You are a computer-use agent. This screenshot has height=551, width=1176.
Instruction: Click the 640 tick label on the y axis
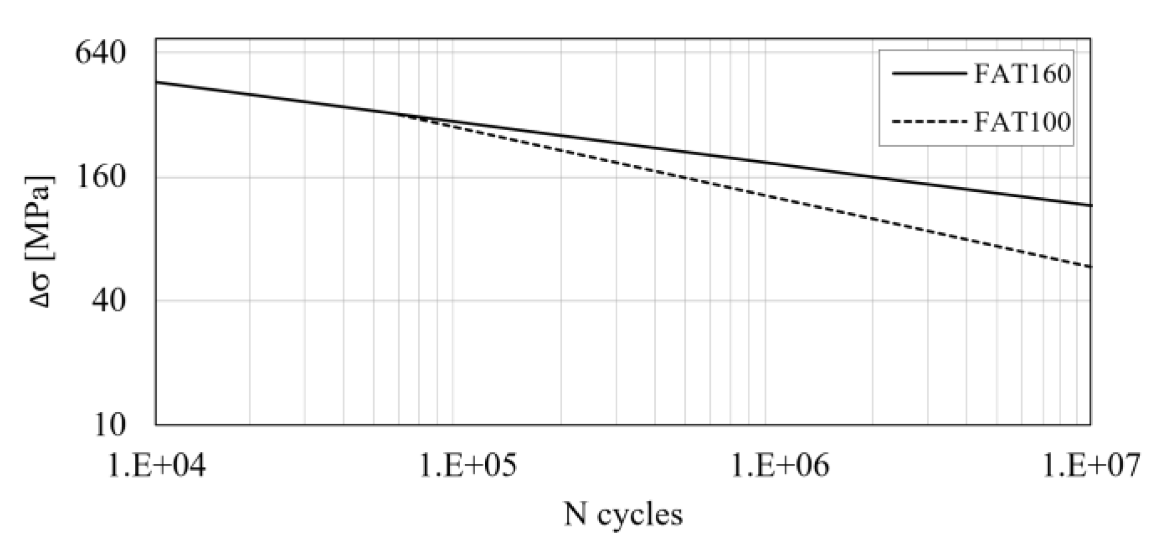[x=101, y=54]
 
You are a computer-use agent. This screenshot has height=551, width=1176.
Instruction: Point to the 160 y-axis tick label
[x=101, y=178]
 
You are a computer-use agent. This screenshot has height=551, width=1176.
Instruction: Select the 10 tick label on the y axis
[x=110, y=425]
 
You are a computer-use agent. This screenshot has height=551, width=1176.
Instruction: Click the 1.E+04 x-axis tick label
[x=156, y=464]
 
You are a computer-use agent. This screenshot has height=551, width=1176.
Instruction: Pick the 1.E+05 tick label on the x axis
[x=467, y=464]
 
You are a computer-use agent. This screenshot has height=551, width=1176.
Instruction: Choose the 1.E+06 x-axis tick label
[x=780, y=464]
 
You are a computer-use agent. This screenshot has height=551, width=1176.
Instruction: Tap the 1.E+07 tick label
[x=1091, y=464]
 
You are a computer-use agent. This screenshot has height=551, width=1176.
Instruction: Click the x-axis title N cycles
[x=623, y=514]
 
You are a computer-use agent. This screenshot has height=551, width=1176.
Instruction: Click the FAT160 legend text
[x=1022, y=74]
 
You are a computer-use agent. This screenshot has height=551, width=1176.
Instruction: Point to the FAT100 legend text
[x=1022, y=122]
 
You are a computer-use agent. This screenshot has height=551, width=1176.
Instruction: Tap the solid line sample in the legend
[x=928, y=73]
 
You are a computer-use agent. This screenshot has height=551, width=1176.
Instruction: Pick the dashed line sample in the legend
[x=928, y=122]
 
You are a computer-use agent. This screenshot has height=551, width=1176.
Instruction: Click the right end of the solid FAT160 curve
[x=1090, y=205]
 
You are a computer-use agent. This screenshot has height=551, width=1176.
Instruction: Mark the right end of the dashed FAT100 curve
[x=1090, y=266]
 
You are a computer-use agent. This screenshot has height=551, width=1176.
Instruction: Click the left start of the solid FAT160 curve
[x=157, y=82]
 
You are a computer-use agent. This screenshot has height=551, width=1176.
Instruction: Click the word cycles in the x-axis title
[x=640, y=514]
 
